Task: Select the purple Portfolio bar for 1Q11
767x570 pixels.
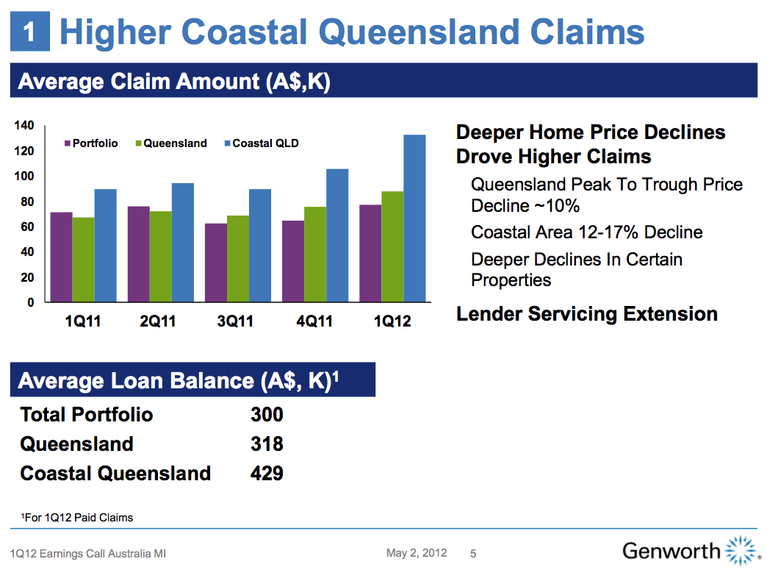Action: [x=61, y=257]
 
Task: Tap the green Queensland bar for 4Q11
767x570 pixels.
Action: [x=315, y=254]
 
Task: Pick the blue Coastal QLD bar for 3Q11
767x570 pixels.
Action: [x=260, y=246]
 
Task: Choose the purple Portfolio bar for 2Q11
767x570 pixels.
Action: [x=138, y=254]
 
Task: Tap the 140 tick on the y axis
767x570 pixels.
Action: [x=24, y=126]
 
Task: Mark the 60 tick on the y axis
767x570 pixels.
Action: [x=27, y=227]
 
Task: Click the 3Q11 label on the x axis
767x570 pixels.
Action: [x=235, y=321]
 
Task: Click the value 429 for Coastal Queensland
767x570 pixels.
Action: [x=267, y=473]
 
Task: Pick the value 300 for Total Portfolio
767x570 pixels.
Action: [x=267, y=415]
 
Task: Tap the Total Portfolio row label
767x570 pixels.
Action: [x=87, y=415]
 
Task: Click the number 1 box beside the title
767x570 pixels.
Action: [x=29, y=32]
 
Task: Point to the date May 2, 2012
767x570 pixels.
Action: [x=416, y=553]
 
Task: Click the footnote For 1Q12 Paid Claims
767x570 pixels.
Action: [x=78, y=518]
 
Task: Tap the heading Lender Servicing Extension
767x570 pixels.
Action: [x=587, y=314]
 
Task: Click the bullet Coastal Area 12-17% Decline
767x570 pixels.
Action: [x=587, y=232]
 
